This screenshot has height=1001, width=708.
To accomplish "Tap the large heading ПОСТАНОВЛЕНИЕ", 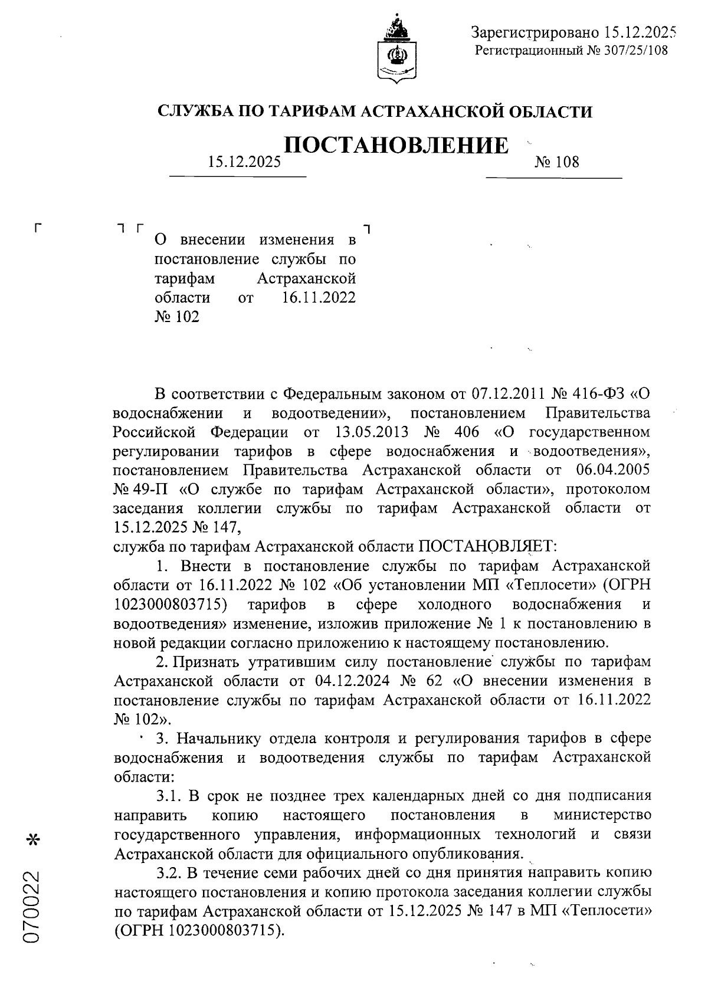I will pyautogui.click(x=396, y=145).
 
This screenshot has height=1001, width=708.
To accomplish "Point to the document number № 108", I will pyautogui.click(x=556, y=162).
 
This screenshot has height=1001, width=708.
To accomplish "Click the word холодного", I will pyautogui.click(x=454, y=605).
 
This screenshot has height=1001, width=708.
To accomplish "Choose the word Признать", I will pyautogui.click(x=212, y=662).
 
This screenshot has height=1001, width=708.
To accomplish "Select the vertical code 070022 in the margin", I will pyautogui.click(x=33, y=905).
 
